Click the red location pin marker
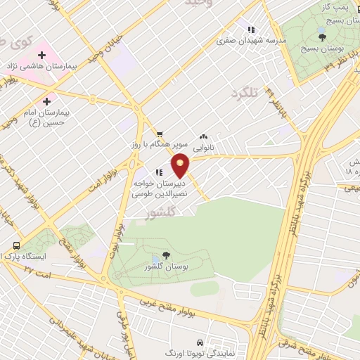pos(181,165)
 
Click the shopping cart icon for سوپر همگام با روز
pos(160,134)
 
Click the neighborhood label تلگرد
pos(245,92)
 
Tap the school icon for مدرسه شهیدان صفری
pos(249,30)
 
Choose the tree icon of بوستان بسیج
pos(322,37)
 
